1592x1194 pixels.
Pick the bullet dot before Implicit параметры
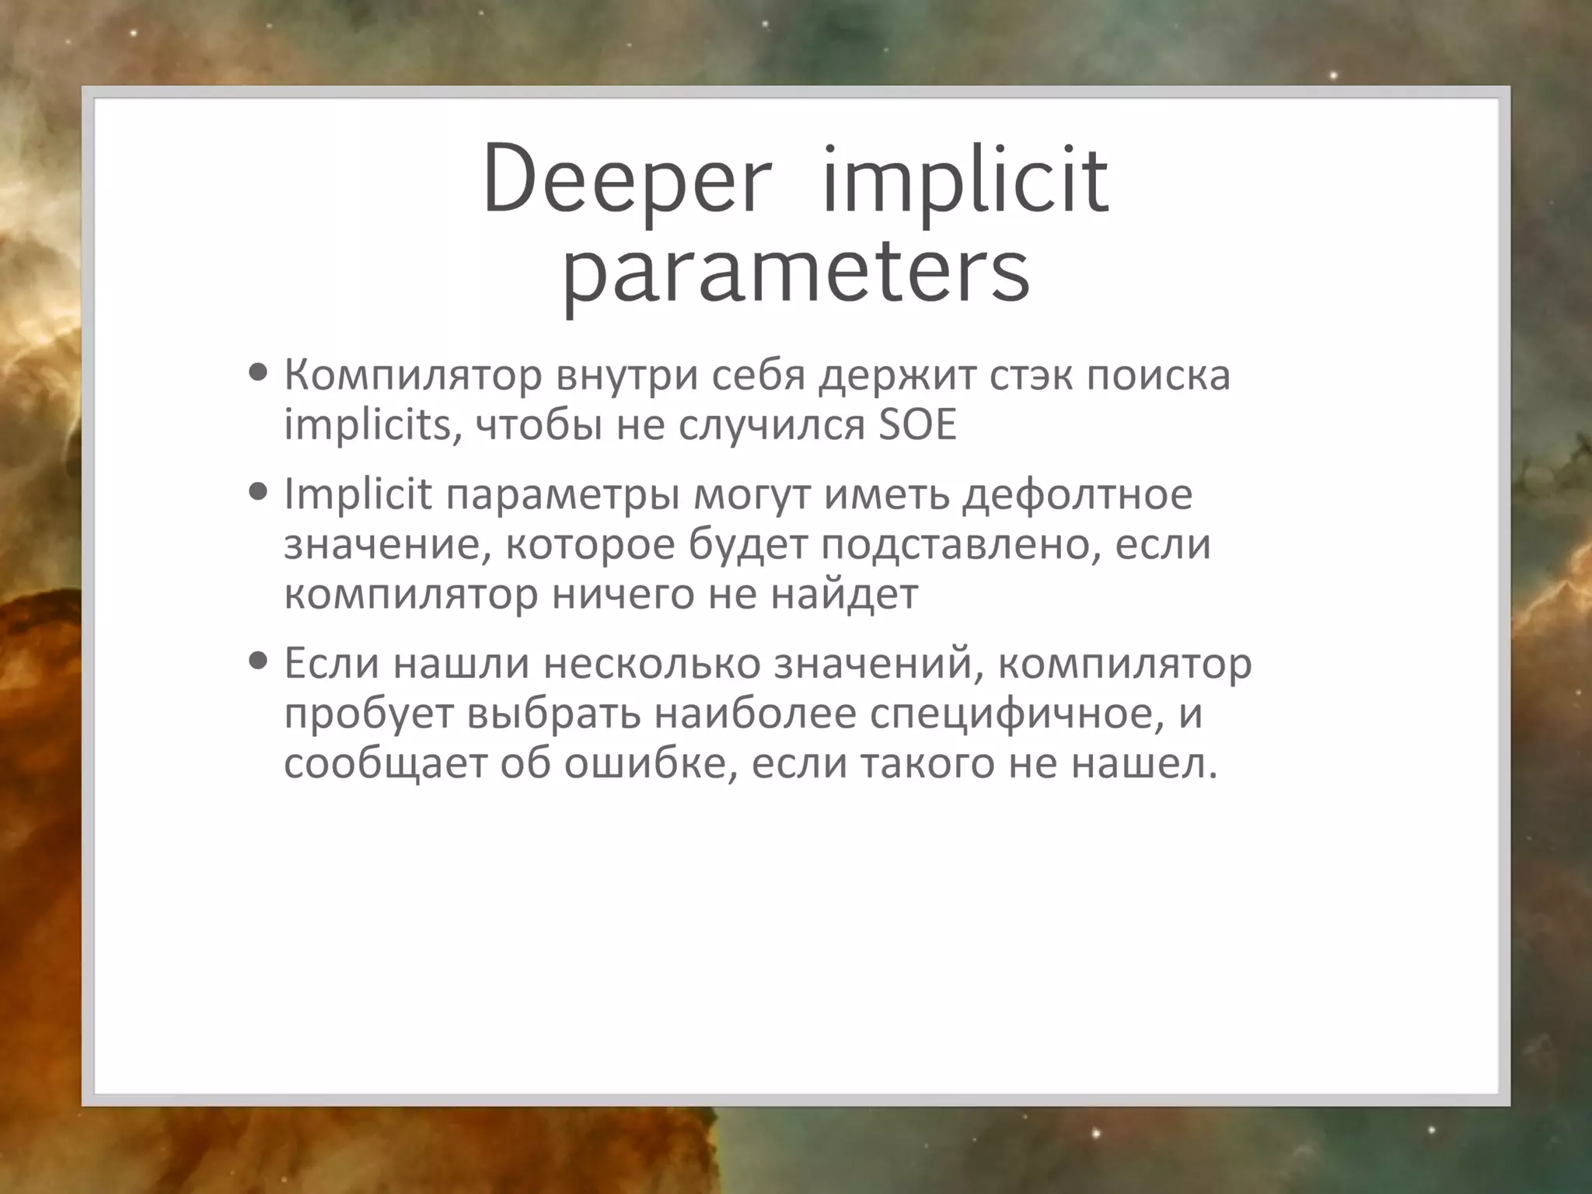click(259, 492)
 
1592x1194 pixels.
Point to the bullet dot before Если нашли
click(259, 662)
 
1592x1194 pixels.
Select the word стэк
click(1029, 375)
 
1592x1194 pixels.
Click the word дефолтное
click(1077, 494)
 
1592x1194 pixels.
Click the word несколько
click(652, 664)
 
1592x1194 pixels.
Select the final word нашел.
click(1143, 764)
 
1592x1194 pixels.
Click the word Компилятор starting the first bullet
click(413, 375)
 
